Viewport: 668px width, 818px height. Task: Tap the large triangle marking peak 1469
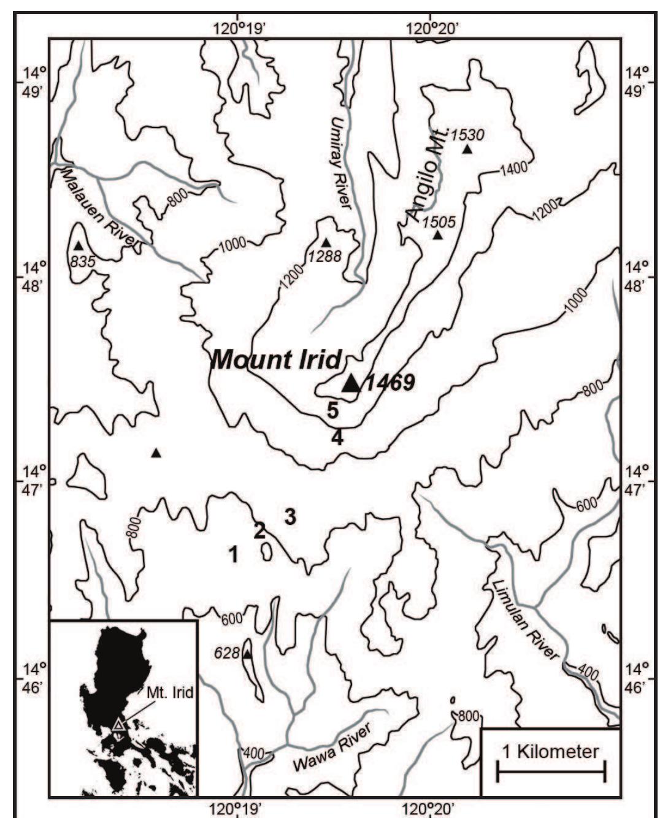tap(351, 383)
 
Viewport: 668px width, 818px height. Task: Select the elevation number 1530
tap(467, 135)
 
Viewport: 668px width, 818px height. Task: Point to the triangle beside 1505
tap(437, 235)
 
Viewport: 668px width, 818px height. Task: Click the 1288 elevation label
tap(324, 256)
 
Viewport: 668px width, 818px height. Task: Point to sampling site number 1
tap(233, 554)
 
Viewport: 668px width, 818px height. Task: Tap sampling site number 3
tap(290, 517)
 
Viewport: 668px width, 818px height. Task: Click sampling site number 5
tap(332, 410)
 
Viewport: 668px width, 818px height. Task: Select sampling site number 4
tap(337, 438)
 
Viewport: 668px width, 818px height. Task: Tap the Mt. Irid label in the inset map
tap(170, 693)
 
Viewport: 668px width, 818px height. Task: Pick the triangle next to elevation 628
tap(247, 655)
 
